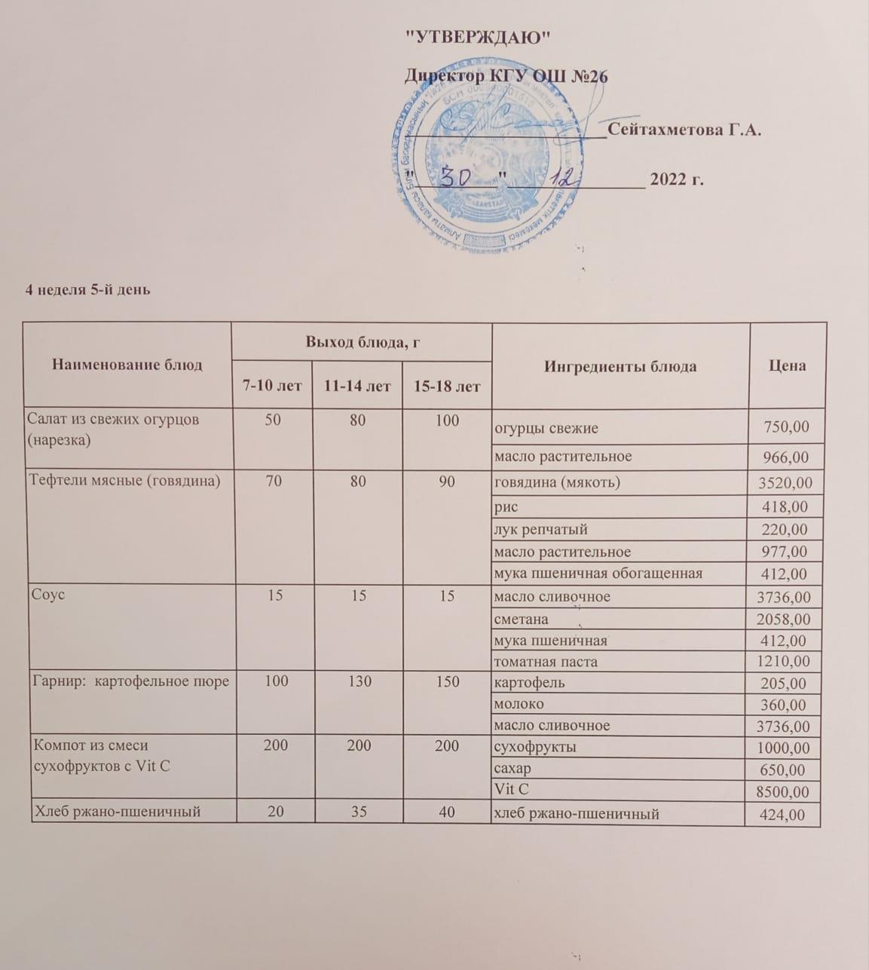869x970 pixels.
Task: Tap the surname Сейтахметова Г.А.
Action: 684,130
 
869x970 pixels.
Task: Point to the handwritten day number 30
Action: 456,178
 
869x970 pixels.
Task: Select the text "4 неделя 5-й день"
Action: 88,289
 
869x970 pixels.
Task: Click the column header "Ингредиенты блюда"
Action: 620,366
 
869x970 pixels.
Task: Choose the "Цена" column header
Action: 787,366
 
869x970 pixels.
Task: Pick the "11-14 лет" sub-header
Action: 357,386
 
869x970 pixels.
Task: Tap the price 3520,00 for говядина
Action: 785,483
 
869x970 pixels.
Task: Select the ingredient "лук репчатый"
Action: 540,529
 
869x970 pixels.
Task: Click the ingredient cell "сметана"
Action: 521,619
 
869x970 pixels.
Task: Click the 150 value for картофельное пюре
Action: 447,682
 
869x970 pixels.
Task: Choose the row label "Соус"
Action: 47,595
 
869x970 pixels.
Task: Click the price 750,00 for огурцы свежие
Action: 787,427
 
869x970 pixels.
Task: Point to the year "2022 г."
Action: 676,179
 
